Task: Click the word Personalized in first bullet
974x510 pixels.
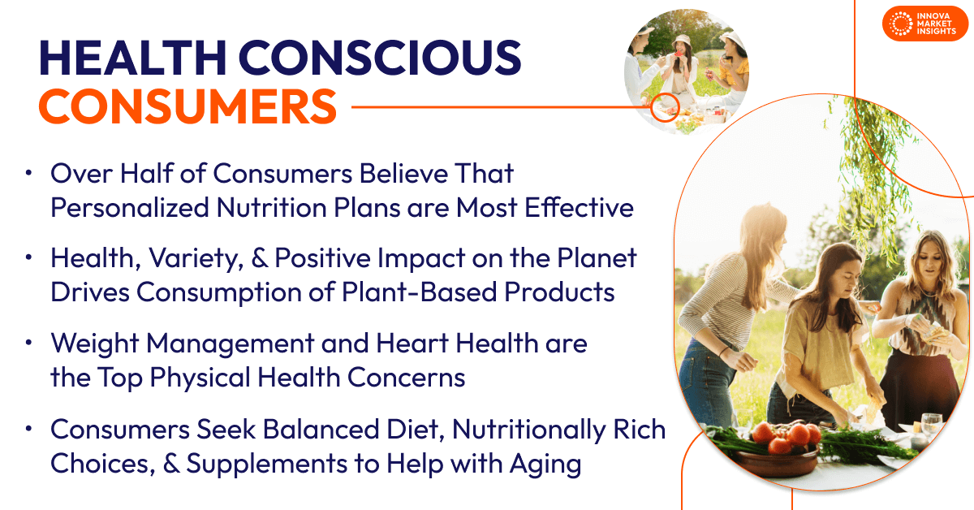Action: [127, 208]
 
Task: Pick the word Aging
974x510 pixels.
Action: [544, 465]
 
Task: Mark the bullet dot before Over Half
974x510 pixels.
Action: [30, 174]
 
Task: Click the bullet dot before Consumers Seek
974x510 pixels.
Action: [30, 430]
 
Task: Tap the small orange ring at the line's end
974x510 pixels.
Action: [666, 106]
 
